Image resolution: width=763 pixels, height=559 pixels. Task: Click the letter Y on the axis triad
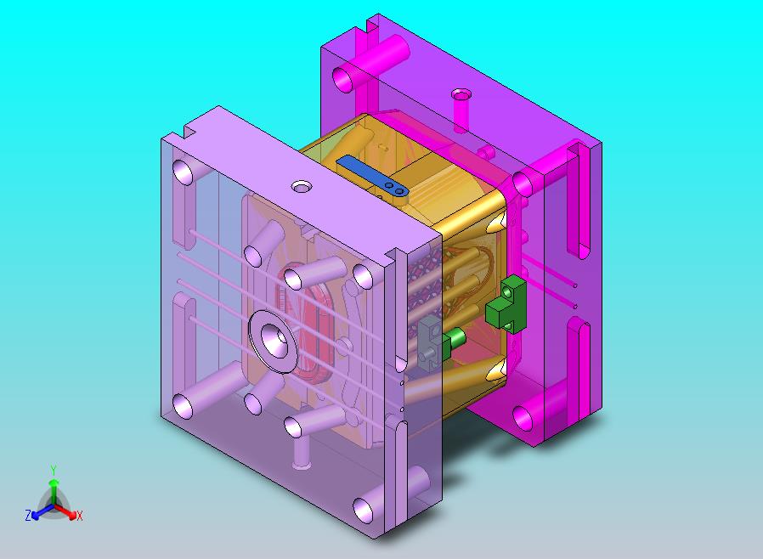coord(54,471)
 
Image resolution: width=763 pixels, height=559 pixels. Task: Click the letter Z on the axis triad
coord(28,515)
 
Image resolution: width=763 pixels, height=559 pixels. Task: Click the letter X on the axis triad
coord(80,516)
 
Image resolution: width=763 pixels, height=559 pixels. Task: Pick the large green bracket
coord(506,303)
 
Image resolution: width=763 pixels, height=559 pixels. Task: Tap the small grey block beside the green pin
coord(430,340)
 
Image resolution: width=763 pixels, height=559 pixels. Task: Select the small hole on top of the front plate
coord(302,186)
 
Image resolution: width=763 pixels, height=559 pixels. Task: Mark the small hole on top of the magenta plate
coord(461,93)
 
